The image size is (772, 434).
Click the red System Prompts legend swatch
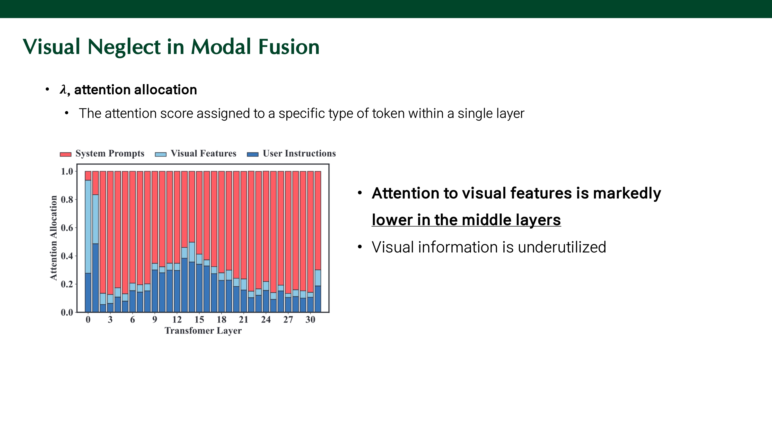[66, 154]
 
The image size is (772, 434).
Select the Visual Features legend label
[204, 153]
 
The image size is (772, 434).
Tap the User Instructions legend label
[299, 153]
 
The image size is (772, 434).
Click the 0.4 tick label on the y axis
[67, 256]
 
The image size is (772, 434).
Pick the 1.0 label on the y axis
[67, 171]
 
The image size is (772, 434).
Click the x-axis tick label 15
[199, 320]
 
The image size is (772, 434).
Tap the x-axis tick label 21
[244, 320]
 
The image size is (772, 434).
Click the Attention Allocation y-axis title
[53, 238]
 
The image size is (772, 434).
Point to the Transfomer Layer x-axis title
[203, 331]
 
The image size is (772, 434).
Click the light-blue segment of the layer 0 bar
[88, 227]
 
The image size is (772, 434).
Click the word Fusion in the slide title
[289, 47]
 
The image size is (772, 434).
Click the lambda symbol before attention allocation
[63, 89]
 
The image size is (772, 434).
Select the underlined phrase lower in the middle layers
[466, 220]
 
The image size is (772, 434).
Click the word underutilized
[562, 247]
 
